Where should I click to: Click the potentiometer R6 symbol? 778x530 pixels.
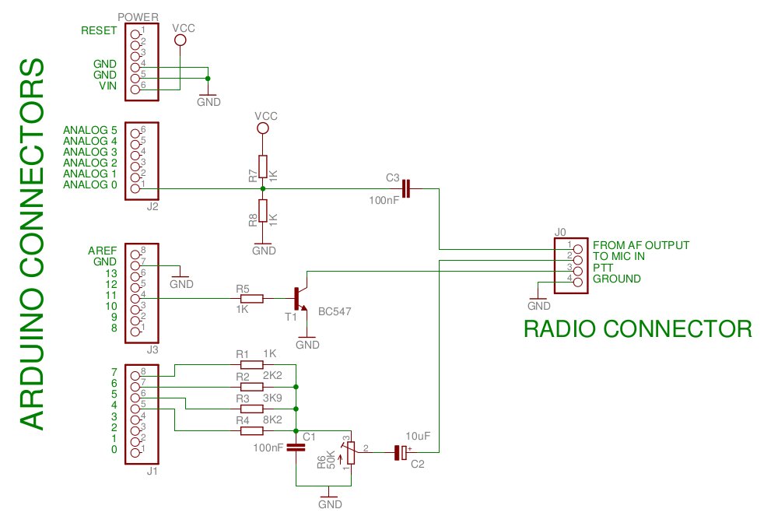coord(352,452)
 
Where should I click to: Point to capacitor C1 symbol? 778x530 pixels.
coord(296,448)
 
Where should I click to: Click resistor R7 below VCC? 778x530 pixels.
coord(263,166)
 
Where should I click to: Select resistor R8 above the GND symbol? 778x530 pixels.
coord(263,210)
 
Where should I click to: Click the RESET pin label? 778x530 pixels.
coord(99,31)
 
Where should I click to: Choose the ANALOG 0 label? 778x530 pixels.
coord(89,184)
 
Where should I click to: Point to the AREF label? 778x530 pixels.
coord(103,251)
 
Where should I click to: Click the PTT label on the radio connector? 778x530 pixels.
coord(603,267)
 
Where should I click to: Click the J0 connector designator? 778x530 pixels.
coord(561,232)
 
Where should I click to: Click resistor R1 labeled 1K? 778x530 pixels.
coord(251,364)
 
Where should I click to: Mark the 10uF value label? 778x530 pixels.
coord(418,436)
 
